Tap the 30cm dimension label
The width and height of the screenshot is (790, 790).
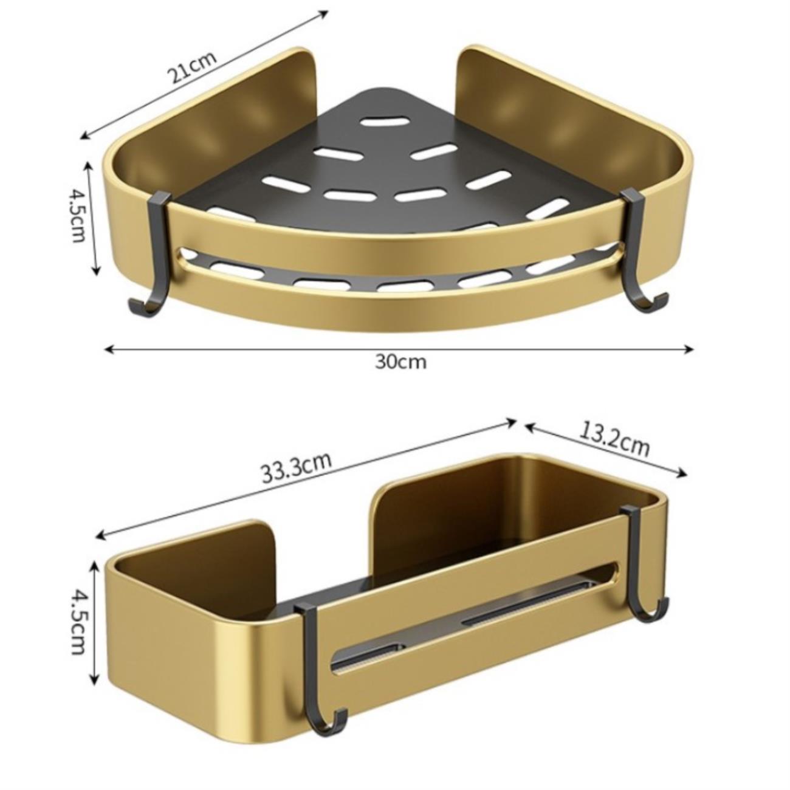(401, 362)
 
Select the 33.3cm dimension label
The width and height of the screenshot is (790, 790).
(297, 467)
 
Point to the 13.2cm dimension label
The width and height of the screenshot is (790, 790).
(614, 439)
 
